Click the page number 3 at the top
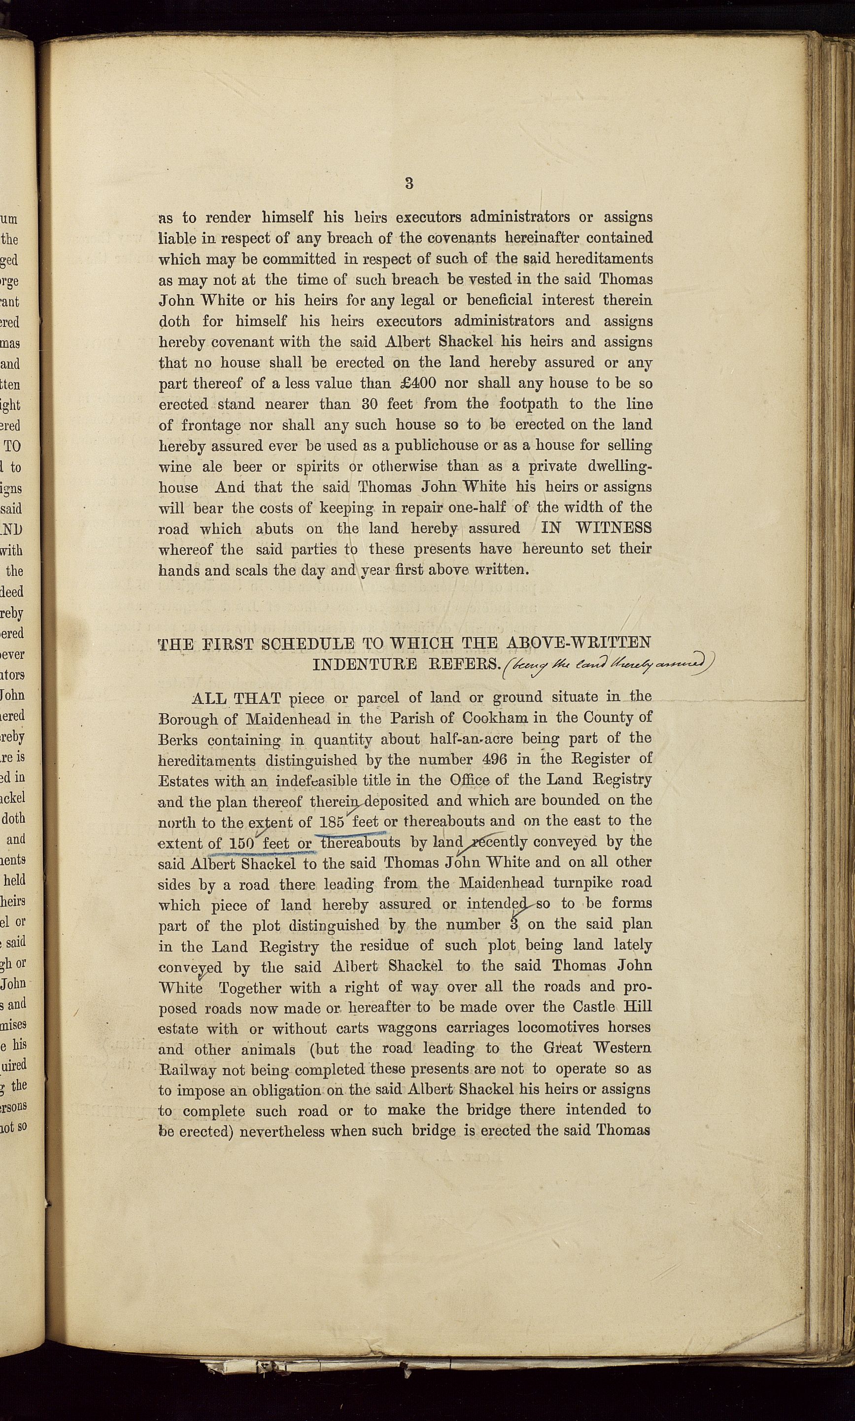[x=409, y=183]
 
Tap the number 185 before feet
[x=331, y=821]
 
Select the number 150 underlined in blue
[x=241, y=843]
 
